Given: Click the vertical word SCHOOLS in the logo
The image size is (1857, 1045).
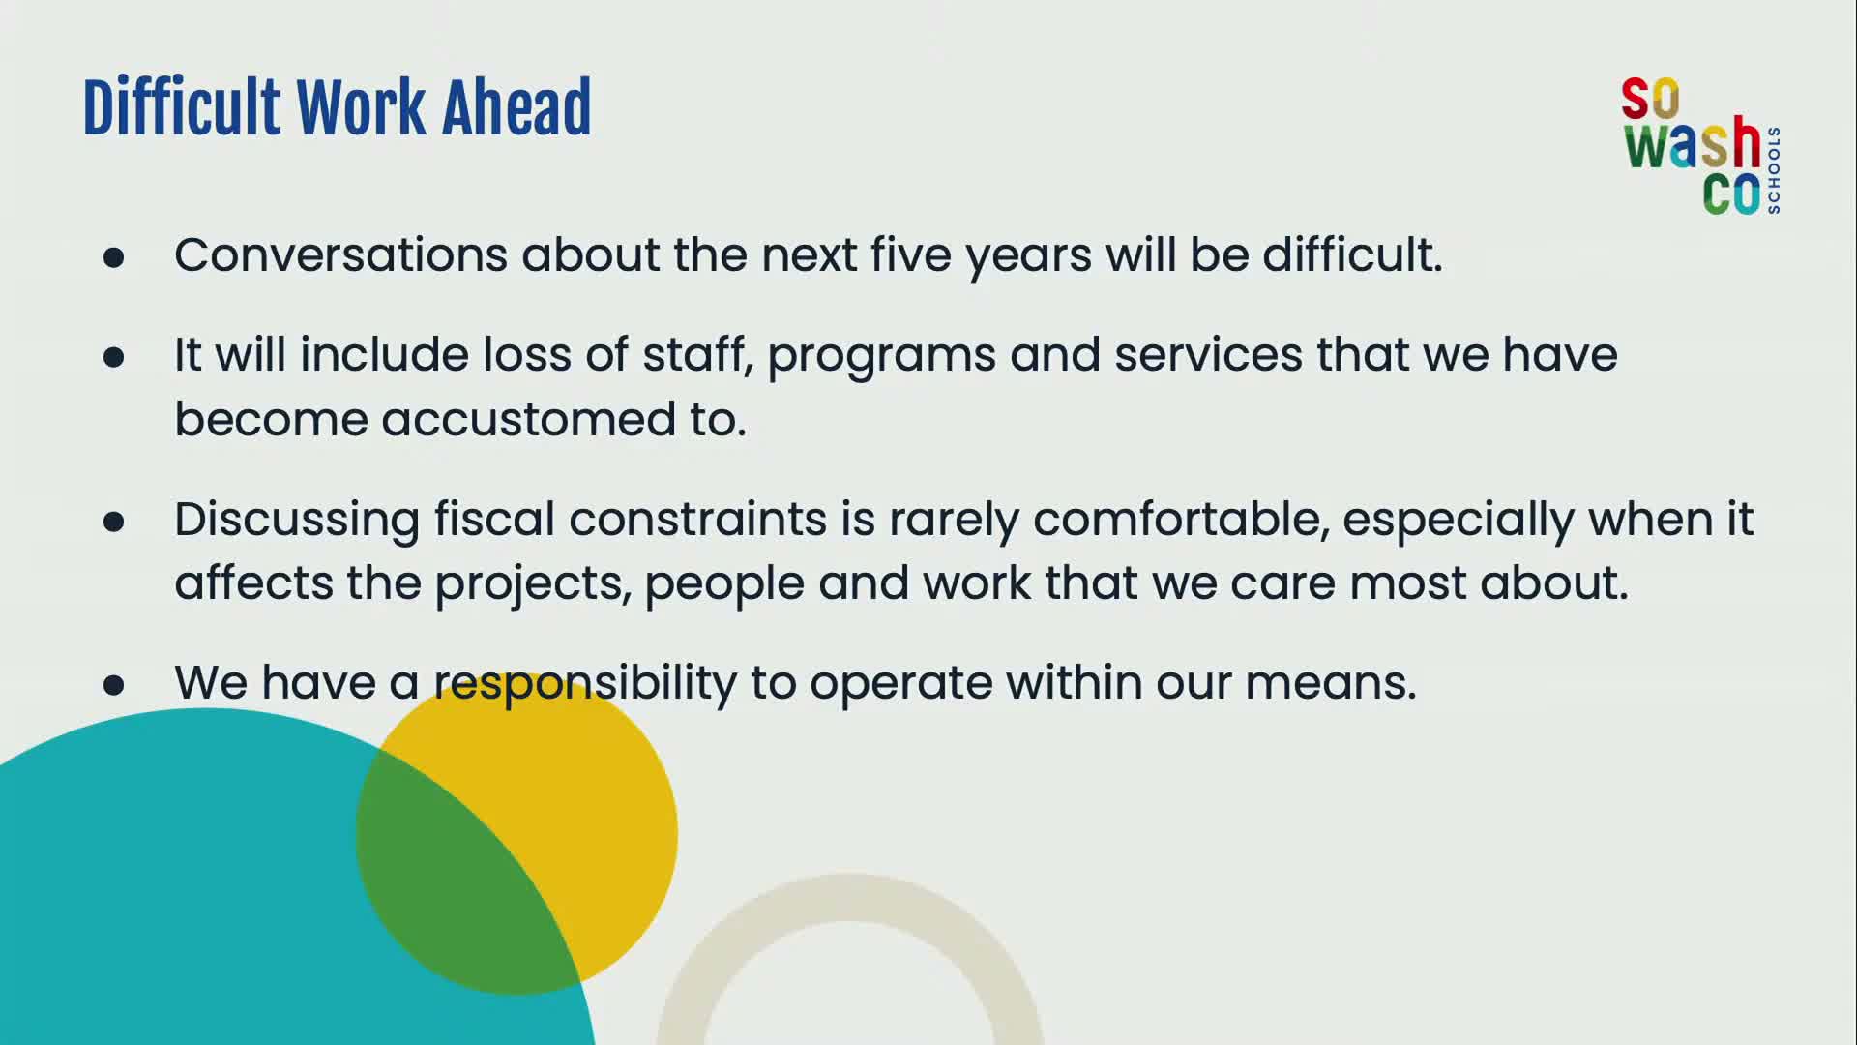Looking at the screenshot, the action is [x=1773, y=170].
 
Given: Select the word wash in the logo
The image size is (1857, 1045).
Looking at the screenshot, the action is [x=1693, y=144].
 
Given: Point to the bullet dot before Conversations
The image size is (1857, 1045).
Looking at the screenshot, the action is [x=114, y=257].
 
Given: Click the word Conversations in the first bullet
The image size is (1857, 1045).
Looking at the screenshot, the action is [x=340, y=255].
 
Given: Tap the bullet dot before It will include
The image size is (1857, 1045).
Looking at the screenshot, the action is [x=114, y=357].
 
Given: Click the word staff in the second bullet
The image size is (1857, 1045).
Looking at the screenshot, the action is [x=697, y=354].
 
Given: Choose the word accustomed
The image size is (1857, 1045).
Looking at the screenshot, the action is [x=528, y=420].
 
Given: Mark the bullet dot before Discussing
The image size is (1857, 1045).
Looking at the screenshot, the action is [x=114, y=522].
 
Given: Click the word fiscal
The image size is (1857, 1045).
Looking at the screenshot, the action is [x=494, y=519].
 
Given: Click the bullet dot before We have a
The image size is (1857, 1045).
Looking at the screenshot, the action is [x=114, y=685].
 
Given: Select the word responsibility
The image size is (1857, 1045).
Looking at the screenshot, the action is [x=585, y=684].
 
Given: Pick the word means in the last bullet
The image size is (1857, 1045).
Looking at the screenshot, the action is [x=1331, y=684].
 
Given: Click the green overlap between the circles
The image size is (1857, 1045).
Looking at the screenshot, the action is [x=455, y=871].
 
